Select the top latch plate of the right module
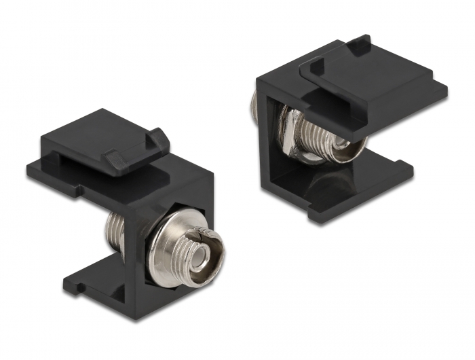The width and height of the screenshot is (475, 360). coord(380,82)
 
